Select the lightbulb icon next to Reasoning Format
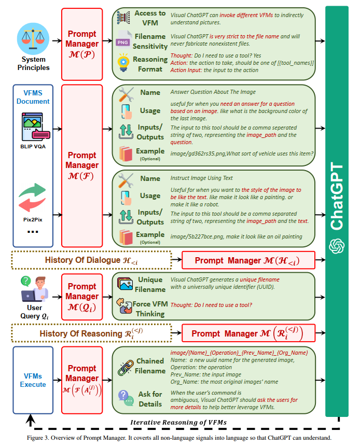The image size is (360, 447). tap(123, 64)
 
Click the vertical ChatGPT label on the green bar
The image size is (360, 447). tap(337, 197)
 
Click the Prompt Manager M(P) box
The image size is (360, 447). tap(82, 43)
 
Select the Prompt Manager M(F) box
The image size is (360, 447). tap(82, 165)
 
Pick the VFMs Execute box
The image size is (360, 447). tap(33, 380)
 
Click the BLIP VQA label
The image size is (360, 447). tap(33, 146)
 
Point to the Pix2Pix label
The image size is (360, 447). tap(33, 219)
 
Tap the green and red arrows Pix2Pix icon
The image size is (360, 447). tap(33, 198)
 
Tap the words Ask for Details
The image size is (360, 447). tap(150, 399)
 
